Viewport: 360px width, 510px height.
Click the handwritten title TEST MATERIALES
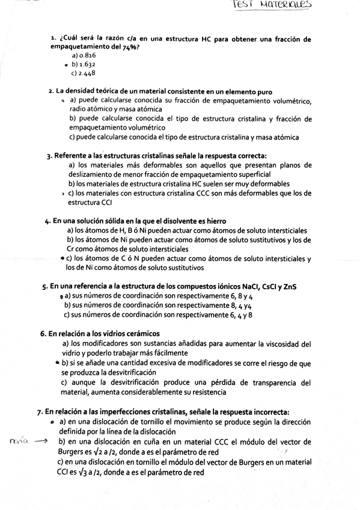(280, 7)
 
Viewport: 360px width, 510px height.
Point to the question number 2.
(51, 91)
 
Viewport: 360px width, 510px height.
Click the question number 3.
(49, 156)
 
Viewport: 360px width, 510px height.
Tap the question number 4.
(47, 221)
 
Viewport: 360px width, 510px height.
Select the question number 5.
(45, 287)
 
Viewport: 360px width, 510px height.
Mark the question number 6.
(43, 333)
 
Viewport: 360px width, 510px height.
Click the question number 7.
(40, 412)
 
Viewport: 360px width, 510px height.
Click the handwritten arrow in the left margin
(41, 441)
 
